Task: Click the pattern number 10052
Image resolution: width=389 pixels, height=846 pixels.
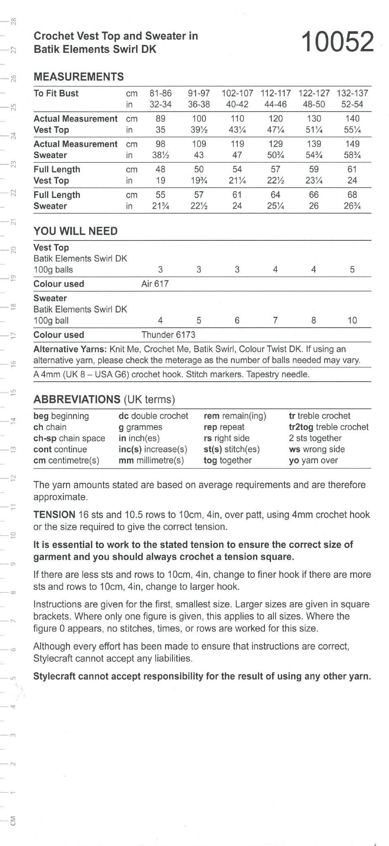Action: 338,42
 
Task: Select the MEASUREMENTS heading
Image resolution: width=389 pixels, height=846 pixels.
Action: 78,77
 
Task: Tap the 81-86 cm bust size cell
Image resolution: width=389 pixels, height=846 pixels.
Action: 160,93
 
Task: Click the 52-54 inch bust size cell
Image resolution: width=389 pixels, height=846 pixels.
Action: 352,105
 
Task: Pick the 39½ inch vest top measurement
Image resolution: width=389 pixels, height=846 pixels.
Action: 199,130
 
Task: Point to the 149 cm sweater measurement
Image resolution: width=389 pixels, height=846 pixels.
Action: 352,144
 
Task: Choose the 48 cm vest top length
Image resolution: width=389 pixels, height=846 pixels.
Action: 160,169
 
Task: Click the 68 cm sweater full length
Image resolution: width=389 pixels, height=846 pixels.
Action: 352,195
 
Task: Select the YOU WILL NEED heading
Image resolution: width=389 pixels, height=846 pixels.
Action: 75,231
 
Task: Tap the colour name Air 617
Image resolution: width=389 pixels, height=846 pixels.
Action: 155,284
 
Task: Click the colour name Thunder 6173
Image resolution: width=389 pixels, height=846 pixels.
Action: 168,335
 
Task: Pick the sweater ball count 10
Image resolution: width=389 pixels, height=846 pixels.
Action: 352,321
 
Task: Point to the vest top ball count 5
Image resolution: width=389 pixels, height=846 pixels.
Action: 352,270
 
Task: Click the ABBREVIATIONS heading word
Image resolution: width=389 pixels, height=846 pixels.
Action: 77,400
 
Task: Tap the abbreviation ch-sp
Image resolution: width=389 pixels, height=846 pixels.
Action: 45,438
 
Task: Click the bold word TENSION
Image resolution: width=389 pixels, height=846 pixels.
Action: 54,515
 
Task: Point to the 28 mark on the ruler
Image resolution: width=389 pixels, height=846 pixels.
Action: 14,21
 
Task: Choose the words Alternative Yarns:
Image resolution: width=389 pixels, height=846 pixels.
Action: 70,349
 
